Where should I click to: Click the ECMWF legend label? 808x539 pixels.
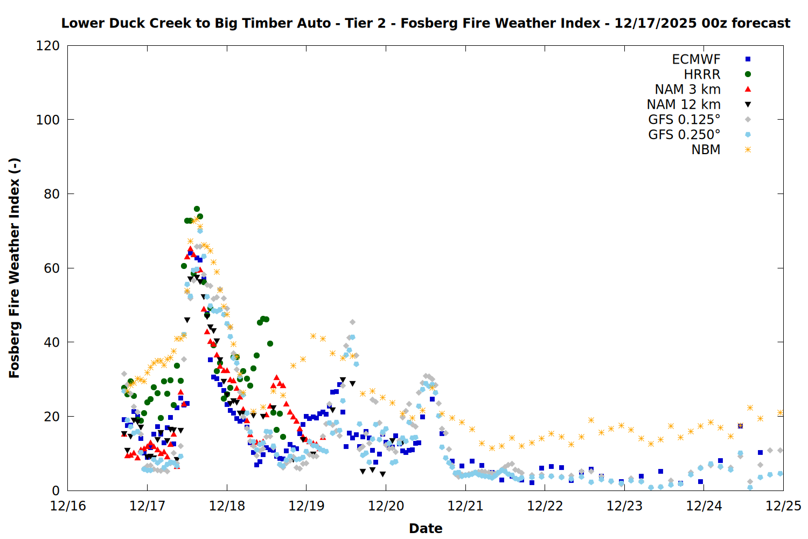pyautogui.click(x=696, y=59)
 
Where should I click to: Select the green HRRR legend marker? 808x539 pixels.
pyautogui.click(x=748, y=74)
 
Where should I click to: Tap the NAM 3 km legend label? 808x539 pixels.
pyautogui.click(x=687, y=89)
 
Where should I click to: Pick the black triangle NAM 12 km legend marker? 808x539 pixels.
pyautogui.click(x=748, y=105)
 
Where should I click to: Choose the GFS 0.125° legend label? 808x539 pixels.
pyautogui.click(x=684, y=120)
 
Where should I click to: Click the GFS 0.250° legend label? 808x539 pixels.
pyautogui.click(x=684, y=135)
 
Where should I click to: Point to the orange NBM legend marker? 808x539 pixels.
pyautogui.click(x=748, y=150)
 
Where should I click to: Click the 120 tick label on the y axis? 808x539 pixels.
pyautogui.click(x=48, y=46)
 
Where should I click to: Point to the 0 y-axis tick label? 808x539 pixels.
pyautogui.click(x=56, y=491)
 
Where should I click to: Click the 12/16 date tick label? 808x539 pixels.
pyautogui.click(x=68, y=506)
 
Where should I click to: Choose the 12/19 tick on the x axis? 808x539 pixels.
pyautogui.click(x=307, y=506)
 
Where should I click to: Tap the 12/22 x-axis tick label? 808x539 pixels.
pyautogui.click(x=545, y=506)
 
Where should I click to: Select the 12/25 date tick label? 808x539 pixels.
pyautogui.click(x=783, y=506)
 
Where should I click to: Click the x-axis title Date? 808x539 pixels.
pyautogui.click(x=426, y=529)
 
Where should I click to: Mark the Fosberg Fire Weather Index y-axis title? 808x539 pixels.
pyautogui.click(x=15, y=268)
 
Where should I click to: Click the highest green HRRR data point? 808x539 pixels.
pyautogui.click(x=197, y=209)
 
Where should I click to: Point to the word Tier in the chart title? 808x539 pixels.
pyautogui.click(x=359, y=23)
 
